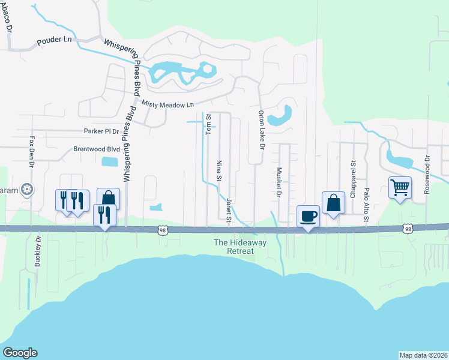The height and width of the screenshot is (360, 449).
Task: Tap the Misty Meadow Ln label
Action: [168, 104]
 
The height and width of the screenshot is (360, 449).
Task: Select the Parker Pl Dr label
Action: [101, 131]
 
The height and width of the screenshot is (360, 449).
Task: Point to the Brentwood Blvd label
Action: [97, 149]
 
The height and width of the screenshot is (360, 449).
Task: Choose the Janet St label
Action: [229, 209]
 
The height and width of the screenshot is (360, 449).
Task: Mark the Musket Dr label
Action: [279, 181]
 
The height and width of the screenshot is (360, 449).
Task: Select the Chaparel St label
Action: [354, 173]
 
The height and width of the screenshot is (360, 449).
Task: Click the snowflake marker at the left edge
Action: [27, 190]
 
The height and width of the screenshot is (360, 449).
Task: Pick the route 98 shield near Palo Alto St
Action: [408, 229]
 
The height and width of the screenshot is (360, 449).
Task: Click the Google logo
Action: [20, 353]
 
